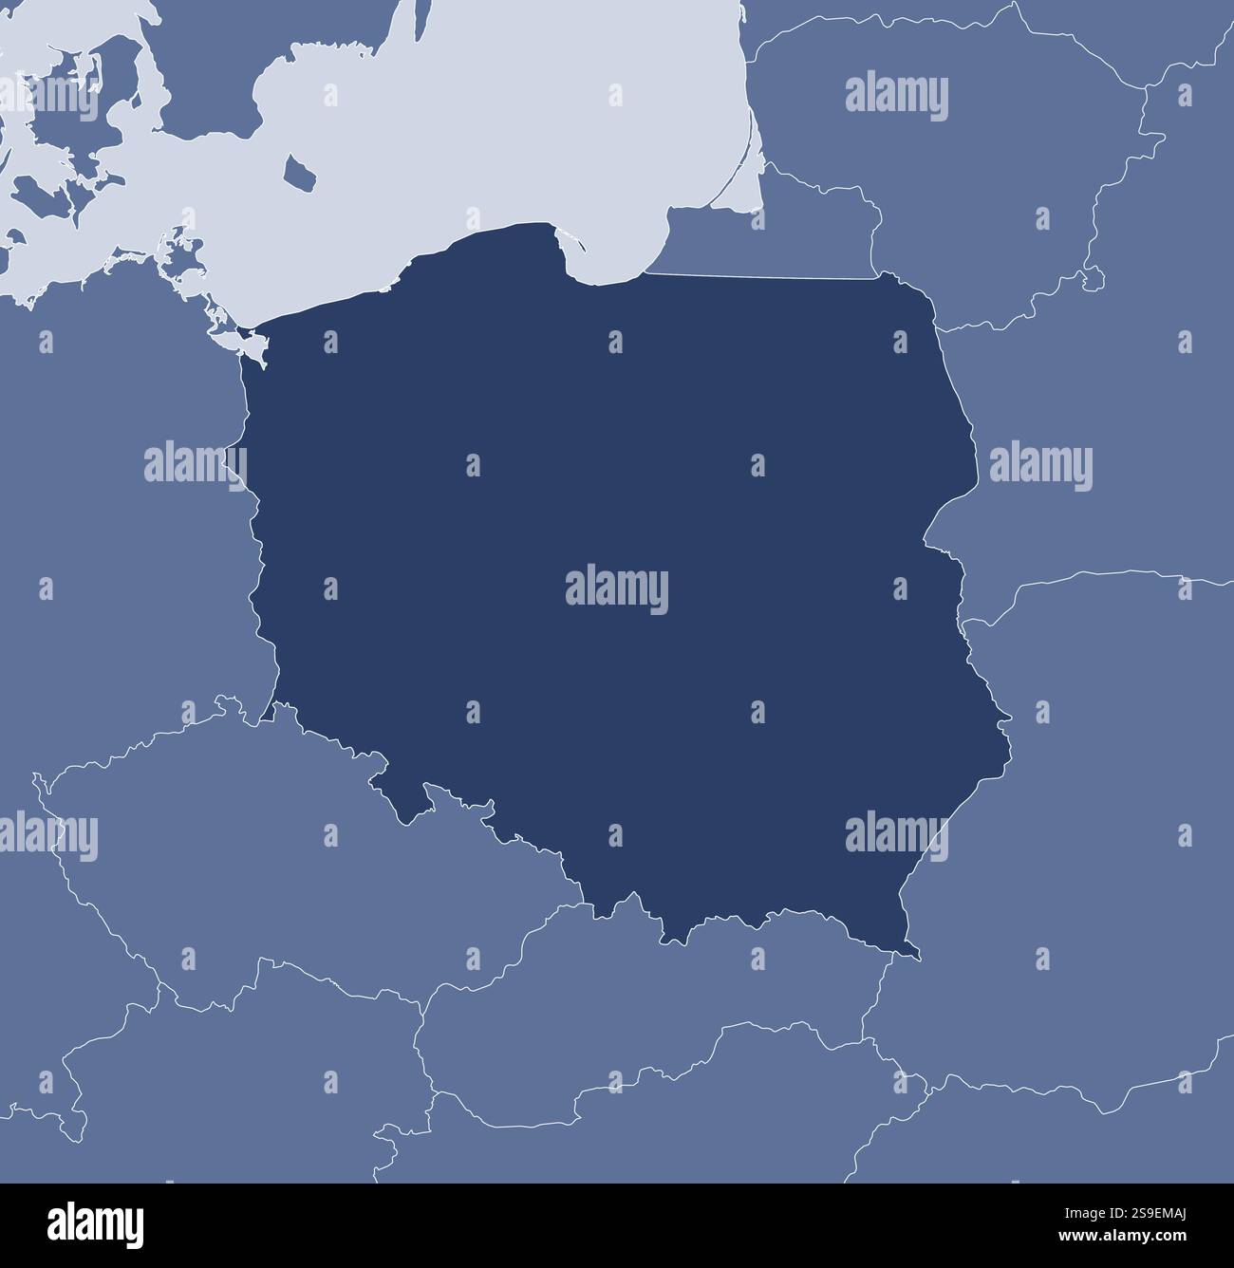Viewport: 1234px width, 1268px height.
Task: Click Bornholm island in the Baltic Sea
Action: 302,173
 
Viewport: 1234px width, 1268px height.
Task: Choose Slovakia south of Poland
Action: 664,1006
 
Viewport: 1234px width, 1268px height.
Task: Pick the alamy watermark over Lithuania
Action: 896,97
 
